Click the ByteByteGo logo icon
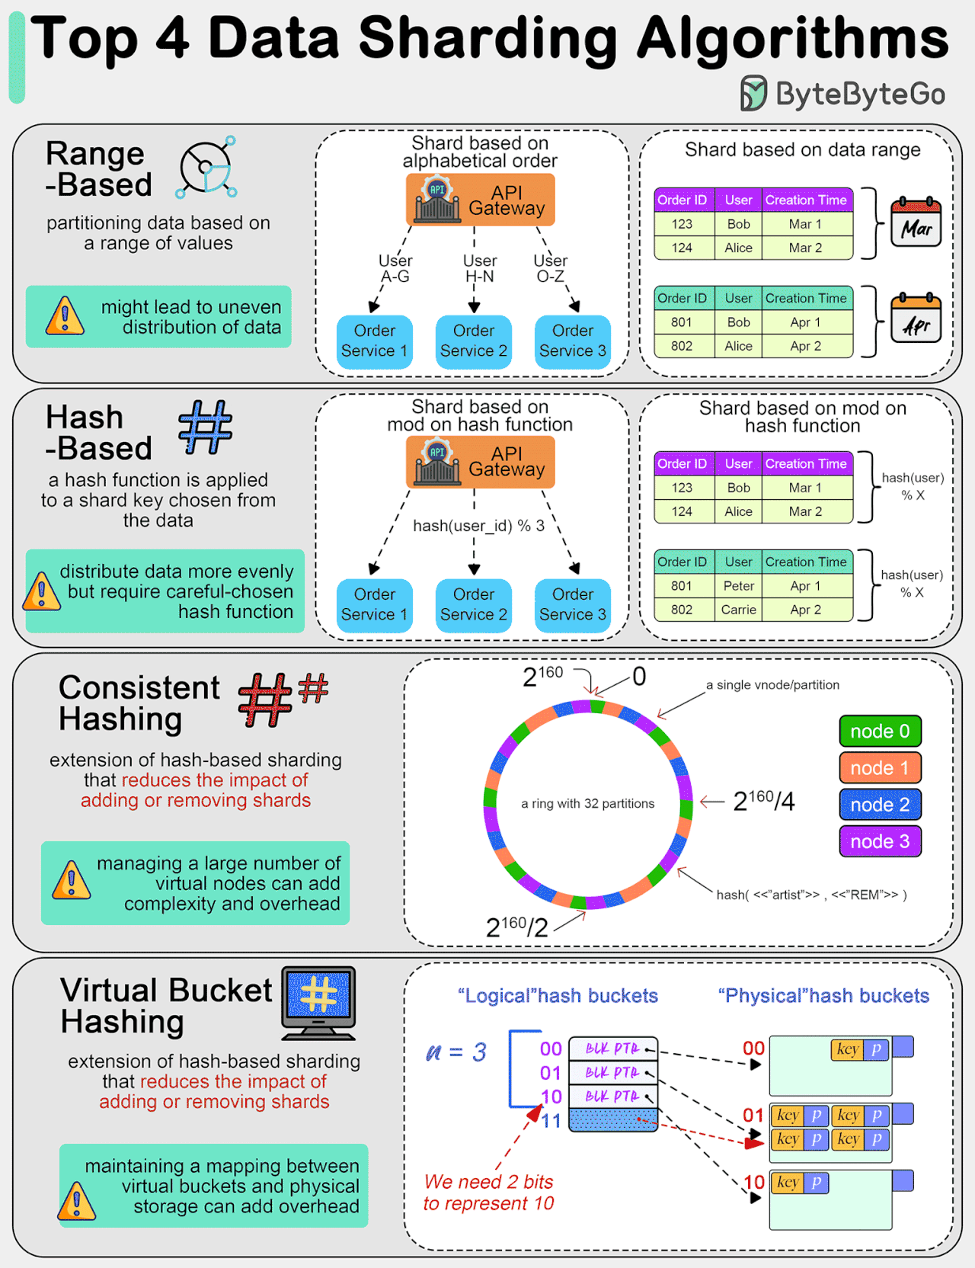point(753,94)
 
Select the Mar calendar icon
point(916,223)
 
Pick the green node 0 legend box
point(880,732)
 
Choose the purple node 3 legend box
point(880,841)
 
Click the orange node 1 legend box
point(880,768)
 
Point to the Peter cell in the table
point(738,586)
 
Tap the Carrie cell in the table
point(738,610)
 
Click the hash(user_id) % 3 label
point(478,526)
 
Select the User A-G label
point(395,268)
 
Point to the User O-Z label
point(551,268)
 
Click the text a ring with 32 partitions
point(587,803)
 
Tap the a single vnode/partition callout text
point(772,685)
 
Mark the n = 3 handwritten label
point(456,1052)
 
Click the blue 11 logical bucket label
point(551,1121)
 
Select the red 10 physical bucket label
point(753,1182)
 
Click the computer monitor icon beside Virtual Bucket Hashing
point(319,1003)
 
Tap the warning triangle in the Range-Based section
point(65,316)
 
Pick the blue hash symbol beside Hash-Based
point(205,427)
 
